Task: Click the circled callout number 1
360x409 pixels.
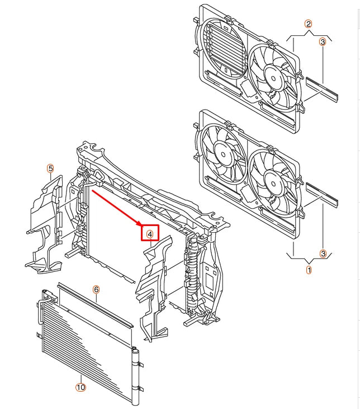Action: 309,270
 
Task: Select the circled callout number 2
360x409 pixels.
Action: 309,24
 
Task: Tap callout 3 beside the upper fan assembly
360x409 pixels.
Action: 323,42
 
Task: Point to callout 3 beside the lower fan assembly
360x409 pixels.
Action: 323,253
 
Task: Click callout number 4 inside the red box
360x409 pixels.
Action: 150,234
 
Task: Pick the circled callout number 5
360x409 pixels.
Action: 50,168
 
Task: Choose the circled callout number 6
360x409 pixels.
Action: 96,289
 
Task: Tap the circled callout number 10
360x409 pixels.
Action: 80,387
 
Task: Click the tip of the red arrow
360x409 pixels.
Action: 141,225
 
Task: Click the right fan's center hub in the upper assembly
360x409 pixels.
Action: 273,78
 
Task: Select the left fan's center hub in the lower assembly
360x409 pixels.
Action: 223,154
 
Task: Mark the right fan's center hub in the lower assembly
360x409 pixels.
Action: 273,184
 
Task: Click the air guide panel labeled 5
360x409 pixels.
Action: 45,224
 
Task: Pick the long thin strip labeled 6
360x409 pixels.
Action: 96,305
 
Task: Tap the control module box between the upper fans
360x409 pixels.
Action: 247,89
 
